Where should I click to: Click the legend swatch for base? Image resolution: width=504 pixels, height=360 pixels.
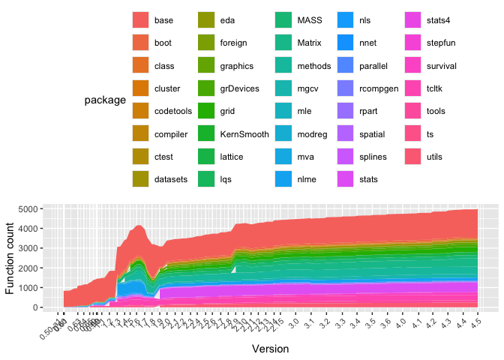140,20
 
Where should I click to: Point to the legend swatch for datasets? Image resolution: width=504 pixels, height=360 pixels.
140,180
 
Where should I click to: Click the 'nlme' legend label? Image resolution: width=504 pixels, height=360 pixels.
310,180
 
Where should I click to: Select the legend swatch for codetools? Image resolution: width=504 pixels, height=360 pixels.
140,112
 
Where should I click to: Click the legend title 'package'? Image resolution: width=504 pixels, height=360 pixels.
104,100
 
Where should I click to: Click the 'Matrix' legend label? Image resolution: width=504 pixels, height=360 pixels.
310,43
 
